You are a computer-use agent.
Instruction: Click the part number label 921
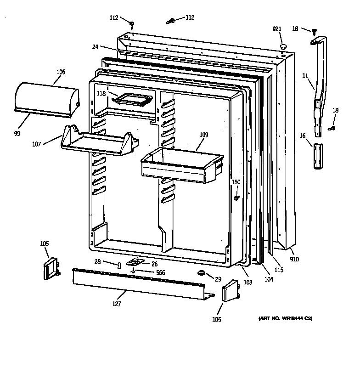pyautogui.click(x=276, y=29)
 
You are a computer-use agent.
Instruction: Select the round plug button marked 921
pyautogui.click(x=283, y=46)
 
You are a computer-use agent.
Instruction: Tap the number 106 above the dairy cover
pyautogui.click(x=61, y=72)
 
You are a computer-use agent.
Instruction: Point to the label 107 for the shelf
pyautogui.click(x=36, y=144)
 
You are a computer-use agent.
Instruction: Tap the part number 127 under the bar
pyautogui.click(x=117, y=304)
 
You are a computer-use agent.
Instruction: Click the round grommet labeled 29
pyautogui.click(x=201, y=274)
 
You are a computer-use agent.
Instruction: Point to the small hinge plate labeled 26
pyautogui.click(x=135, y=262)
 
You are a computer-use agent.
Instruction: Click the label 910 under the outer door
pyautogui.click(x=294, y=259)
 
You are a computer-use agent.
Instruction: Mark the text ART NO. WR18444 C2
pyautogui.click(x=282, y=319)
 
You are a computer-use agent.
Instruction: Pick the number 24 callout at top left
pyautogui.click(x=95, y=46)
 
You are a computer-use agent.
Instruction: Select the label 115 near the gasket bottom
pyautogui.click(x=279, y=270)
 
